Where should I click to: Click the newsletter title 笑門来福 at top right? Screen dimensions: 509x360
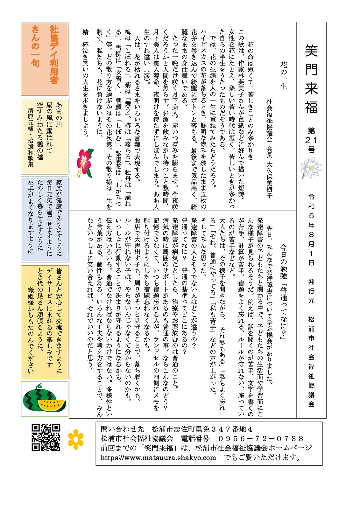pyautogui.click(x=311, y=79)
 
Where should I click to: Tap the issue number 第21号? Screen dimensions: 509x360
pyautogui.click(x=311, y=140)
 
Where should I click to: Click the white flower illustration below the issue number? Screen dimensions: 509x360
pyautogui.click(x=311, y=168)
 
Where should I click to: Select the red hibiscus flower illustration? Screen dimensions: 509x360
pyautogui.click(x=85, y=163)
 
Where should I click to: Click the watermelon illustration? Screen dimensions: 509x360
pyautogui.click(x=44, y=399)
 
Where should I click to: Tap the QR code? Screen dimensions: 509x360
pyautogui.click(x=46, y=437)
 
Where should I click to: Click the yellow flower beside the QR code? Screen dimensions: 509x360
pyautogui.click(x=76, y=439)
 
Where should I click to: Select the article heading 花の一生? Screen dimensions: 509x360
pyautogui.click(x=283, y=75)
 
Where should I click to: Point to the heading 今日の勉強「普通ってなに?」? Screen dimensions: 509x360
pyautogui.click(x=283, y=291)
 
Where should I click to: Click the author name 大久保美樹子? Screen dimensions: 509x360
pyautogui.click(x=269, y=180)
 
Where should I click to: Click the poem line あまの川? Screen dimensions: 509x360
pyautogui.click(x=59, y=115)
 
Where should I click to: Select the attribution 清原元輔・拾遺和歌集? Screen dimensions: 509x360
pyautogui.click(x=31, y=137)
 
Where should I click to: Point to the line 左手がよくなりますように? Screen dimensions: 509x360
pyautogui.click(x=31, y=216)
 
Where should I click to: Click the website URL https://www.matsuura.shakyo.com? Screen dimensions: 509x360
pyautogui.click(x=158, y=457)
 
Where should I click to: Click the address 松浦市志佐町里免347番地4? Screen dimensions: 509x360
pyautogui.click(x=202, y=429)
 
